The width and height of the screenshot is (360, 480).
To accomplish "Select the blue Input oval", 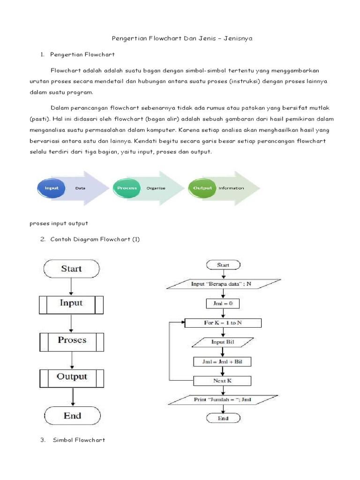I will coord(52,188).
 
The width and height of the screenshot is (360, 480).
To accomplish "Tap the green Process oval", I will coord(127,188).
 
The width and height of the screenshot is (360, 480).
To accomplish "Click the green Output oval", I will coord(202,188).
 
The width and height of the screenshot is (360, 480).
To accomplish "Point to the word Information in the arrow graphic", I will coord(231,188).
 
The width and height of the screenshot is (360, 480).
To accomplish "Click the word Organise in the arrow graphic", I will coord(156,188).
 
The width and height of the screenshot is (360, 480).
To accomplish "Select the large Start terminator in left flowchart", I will coord(71,269).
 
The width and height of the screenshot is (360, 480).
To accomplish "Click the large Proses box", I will coord(71,340).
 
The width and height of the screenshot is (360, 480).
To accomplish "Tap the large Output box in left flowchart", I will coord(71,376).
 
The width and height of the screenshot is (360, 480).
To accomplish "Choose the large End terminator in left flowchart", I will coord(72,415).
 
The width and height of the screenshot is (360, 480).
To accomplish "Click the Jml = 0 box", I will coord(223,303).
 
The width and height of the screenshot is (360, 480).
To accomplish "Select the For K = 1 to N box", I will coord(223,323).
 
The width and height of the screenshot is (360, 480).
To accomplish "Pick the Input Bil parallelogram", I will coord(223,342).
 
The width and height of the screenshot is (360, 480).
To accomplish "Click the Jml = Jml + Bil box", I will coord(223,361).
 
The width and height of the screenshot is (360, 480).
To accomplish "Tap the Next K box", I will coord(223,380).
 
